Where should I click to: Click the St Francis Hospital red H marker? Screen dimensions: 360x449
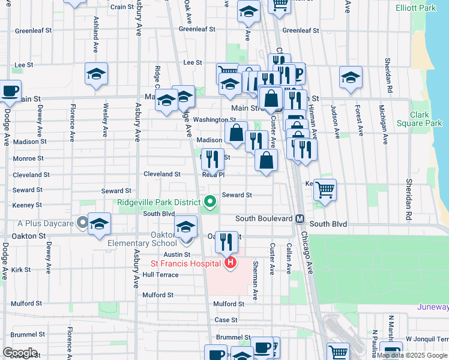229,263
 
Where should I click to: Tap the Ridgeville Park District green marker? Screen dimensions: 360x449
209,202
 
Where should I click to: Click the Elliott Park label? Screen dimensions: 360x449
416,8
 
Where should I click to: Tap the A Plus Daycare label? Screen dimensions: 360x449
45,224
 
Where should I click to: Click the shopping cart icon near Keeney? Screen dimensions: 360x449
325,190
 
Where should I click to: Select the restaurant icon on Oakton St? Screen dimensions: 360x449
226,241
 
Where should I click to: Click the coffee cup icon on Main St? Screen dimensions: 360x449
9,91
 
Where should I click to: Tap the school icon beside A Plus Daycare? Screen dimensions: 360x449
99,224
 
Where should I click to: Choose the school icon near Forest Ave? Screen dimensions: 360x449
351,77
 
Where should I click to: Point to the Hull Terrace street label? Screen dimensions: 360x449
160,274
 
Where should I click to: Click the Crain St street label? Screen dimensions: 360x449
122,7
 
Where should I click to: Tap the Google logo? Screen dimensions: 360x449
20,353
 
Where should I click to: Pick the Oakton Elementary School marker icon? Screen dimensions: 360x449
186,227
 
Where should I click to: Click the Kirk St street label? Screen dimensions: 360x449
20,270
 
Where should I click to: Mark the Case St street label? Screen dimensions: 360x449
226,320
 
